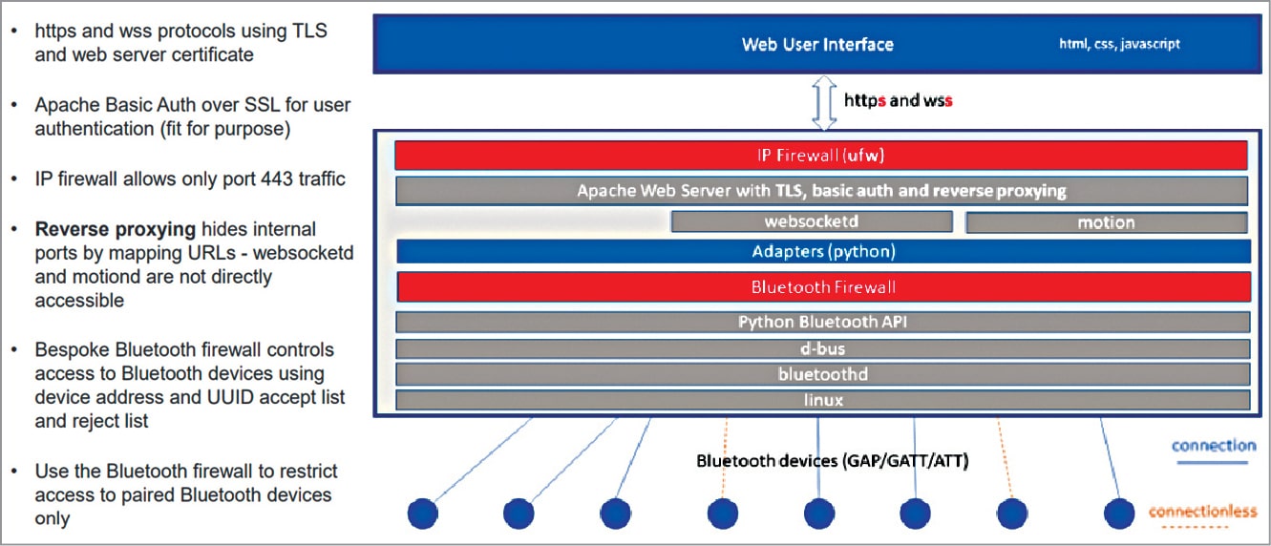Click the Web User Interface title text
coord(817,45)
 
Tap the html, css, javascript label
coord(1119,44)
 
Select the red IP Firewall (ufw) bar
coord(821,155)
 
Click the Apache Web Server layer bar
coord(821,191)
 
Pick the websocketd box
coord(812,222)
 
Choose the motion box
coord(1106,222)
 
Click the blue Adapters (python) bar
coord(822,252)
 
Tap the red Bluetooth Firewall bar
coord(822,286)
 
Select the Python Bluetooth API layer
coord(822,322)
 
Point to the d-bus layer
coord(822,348)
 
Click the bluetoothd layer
coord(822,374)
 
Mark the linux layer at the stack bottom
coord(822,400)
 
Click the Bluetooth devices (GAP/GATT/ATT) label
coord(832,462)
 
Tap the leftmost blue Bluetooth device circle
coord(422,514)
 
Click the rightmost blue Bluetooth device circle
coord(1119,514)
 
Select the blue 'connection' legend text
coord(1214,446)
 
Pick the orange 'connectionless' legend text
coord(1202,512)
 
